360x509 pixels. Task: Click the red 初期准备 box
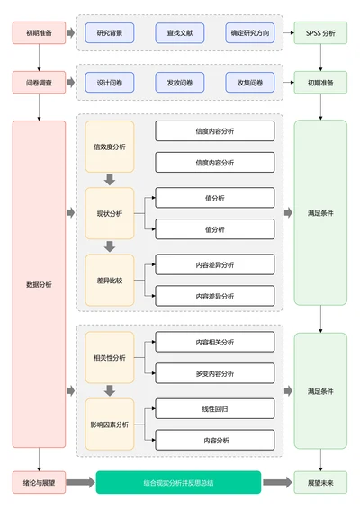pos(39,33)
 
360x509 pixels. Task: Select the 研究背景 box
pos(110,33)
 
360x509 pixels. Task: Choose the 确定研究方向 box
pos(249,33)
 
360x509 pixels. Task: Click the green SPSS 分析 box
pos(319,33)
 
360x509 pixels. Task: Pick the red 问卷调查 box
pos(39,83)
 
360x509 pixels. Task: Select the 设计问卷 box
pos(110,83)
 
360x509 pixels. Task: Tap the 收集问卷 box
pos(249,83)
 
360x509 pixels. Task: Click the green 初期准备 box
pos(319,83)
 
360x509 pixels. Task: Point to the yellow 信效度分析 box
pos(110,147)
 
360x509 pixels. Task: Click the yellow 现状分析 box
pos(110,213)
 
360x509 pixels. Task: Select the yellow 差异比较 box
pos(110,280)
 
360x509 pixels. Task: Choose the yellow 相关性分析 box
pos(110,357)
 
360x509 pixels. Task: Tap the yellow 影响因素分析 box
pos(110,424)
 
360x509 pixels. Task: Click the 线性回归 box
pos(215,408)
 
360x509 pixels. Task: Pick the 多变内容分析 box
pos(215,373)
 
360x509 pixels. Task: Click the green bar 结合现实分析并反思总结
pos(178,482)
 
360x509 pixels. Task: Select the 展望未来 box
pos(319,482)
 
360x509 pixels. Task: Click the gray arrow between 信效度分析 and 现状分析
pos(110,180)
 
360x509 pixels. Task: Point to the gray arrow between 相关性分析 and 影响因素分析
pos(110,390)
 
